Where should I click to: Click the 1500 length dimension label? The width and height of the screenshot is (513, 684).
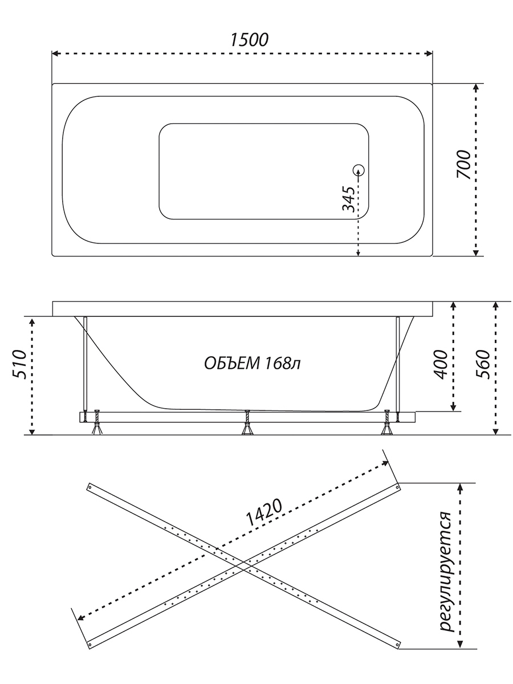[249, 40]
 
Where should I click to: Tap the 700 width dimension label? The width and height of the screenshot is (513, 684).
[463, 165]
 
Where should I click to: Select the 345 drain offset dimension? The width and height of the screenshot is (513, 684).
[348, 199]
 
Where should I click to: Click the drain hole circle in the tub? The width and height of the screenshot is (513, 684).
[359, 170]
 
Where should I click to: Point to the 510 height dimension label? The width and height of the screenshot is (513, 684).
[19, 365]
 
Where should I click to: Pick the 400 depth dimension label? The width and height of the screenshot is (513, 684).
[441, 365]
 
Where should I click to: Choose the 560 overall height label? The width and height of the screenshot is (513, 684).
[483, 365]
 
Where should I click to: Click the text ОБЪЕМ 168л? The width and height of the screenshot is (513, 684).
[253, 363]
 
